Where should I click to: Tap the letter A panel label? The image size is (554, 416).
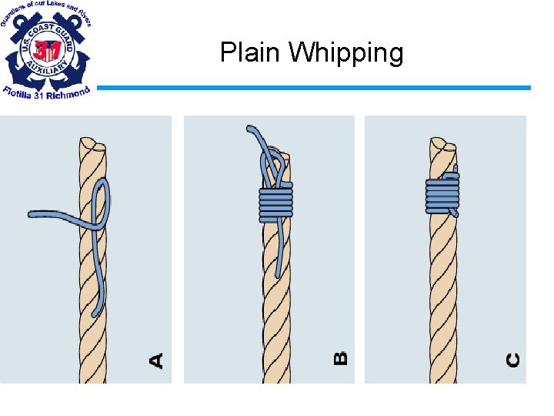156,360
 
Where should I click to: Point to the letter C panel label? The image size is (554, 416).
512,360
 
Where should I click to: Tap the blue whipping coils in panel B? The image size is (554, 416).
276,203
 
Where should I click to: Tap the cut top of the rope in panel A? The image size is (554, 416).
92,144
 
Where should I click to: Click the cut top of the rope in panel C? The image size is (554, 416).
441,144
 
